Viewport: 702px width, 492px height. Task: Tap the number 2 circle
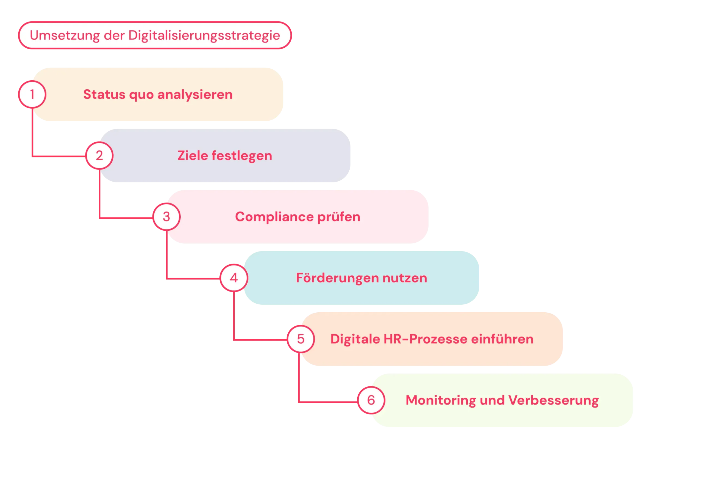click(99, 156)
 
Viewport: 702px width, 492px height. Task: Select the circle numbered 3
click(166, 217)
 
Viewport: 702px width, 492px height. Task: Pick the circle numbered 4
click(234, 278)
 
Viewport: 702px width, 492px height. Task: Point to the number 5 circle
click(301, 339)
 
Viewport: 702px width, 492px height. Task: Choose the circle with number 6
click(371, 400)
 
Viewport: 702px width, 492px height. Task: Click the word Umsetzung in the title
click(64, 35)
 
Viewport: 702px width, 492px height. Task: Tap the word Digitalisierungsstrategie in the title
click(204, 35)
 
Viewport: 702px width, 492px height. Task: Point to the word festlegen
click(242, 156)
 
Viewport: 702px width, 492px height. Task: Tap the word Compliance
click(274, 217)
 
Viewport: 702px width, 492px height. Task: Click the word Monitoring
click(441, 400)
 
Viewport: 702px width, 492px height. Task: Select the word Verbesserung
click(554, 400)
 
